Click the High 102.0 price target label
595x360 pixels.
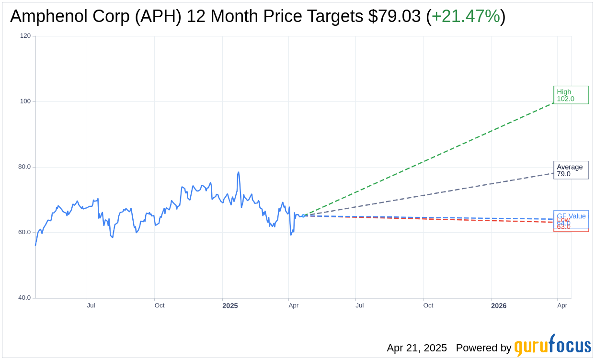[x=571, y=95]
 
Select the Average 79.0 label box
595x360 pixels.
[x=571, y=170]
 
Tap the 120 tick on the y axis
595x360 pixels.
[x=25, y=36]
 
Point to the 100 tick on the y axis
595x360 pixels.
[x=25, y=101]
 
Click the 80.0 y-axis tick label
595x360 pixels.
[x=24, y=167]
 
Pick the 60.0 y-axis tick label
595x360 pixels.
[x=24, y=233]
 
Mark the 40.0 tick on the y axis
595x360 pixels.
[x=24, y=298]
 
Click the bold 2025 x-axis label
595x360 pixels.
[x=230, y=305]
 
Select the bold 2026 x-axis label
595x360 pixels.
[x=499, y=305]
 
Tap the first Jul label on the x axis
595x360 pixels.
[x=91, y=305]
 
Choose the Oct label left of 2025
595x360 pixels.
[x=160, y=305]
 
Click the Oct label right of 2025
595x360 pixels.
[x=428, y=305]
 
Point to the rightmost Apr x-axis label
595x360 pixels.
[x=562, y=305]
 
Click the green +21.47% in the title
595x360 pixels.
[x=466, y=16]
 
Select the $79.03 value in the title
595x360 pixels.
[x=395, y=16]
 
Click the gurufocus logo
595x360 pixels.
[x=552, y=346]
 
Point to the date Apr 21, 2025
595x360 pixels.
[x=417, y=348]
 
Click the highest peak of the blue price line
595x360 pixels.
[x=238, y=172]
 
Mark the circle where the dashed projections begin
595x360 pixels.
[x=303, y=216]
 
